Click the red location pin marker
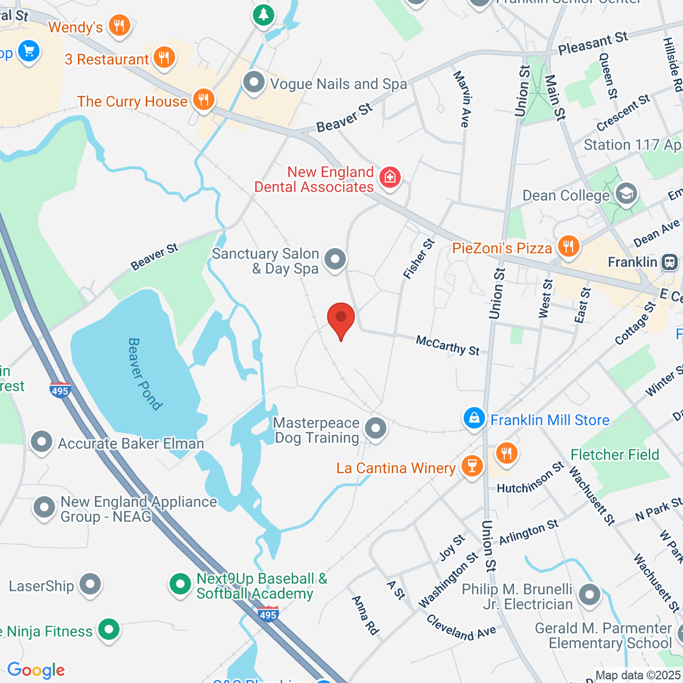point(341,319)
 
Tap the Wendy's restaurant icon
point(119,26)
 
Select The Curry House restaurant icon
point(203,100)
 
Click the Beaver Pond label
point(145,373)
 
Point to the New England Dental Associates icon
point(390,178)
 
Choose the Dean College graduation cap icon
point(626,194)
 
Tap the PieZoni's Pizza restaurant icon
point(567,246)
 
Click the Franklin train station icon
point(669,262)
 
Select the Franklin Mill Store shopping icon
point(474,419)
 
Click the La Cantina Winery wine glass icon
point(471,466)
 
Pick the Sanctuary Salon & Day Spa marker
point(335,259)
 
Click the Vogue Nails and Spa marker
point(254,83)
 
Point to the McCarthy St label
point(448,345)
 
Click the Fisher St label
point(419,259)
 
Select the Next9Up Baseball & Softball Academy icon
point(180,584)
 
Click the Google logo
point(36,670)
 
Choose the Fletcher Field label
point(615,455)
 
